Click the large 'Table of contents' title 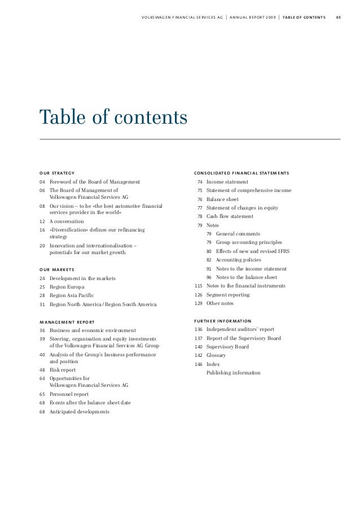[112, 117]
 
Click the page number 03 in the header [338, 16]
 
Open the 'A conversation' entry [67, 221]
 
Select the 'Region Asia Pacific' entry [72, 295]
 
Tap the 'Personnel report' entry [69, 394]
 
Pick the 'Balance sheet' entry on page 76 [222, 199]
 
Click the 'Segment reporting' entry [228, 295]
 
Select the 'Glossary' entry [216, 356]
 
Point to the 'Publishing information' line [233, 373]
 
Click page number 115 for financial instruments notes [198, 286]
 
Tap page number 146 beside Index [198, 364]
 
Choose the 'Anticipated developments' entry [80, 411]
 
